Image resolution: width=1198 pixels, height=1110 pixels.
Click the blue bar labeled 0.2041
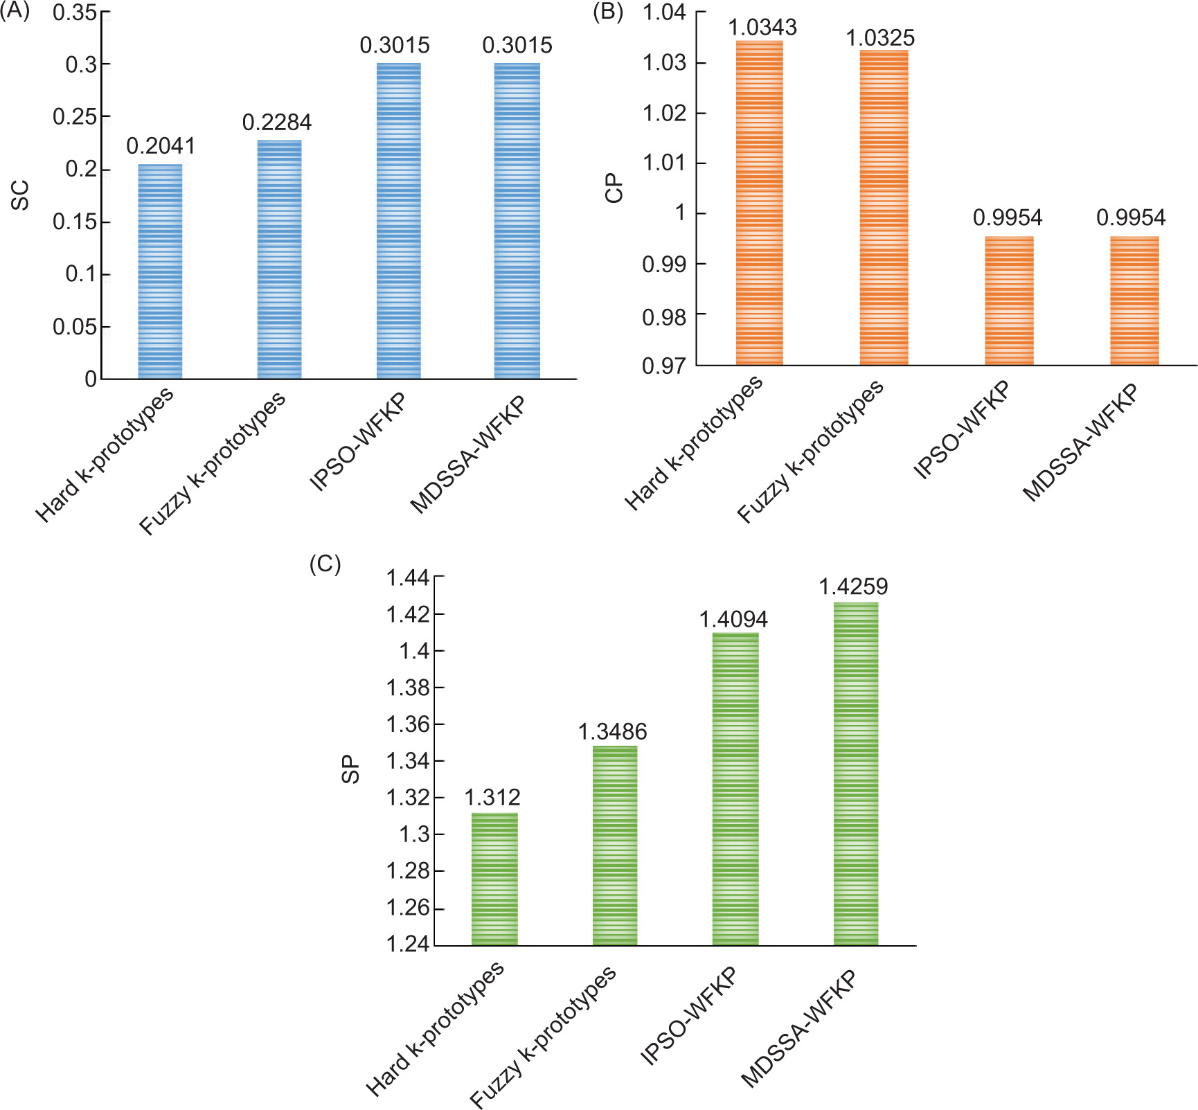coord(160,271)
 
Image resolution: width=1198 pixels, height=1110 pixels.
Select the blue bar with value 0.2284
coord(279,260)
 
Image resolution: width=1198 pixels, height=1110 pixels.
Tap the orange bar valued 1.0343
coord(759,203)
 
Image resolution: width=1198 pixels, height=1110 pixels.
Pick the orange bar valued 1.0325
coord(884,208)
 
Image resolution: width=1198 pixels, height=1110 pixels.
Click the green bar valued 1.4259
coord(856,773)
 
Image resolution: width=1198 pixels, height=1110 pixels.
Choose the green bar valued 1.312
coord(494,879)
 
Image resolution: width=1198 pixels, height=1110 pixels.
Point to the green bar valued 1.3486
coord(615,845)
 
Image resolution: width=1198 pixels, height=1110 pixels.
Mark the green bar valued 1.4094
coord(735,789)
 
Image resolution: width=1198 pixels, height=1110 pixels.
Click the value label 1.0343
coord(762,28)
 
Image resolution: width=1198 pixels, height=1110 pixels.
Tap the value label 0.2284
coord(277,123)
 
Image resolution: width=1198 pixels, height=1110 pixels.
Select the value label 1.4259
coord(853,587)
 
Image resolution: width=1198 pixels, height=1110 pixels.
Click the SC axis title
coord(21,195)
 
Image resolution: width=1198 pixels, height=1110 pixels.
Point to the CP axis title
coord(614,188)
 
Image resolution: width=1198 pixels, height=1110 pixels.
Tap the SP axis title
coord(351,769)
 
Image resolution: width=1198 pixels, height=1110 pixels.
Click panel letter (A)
coord(15,12)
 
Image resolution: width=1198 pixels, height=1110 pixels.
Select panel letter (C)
coord(325,564)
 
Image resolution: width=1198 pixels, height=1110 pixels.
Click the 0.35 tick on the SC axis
coord(75,12)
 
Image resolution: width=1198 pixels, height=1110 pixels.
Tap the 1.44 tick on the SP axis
coord(407,578)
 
